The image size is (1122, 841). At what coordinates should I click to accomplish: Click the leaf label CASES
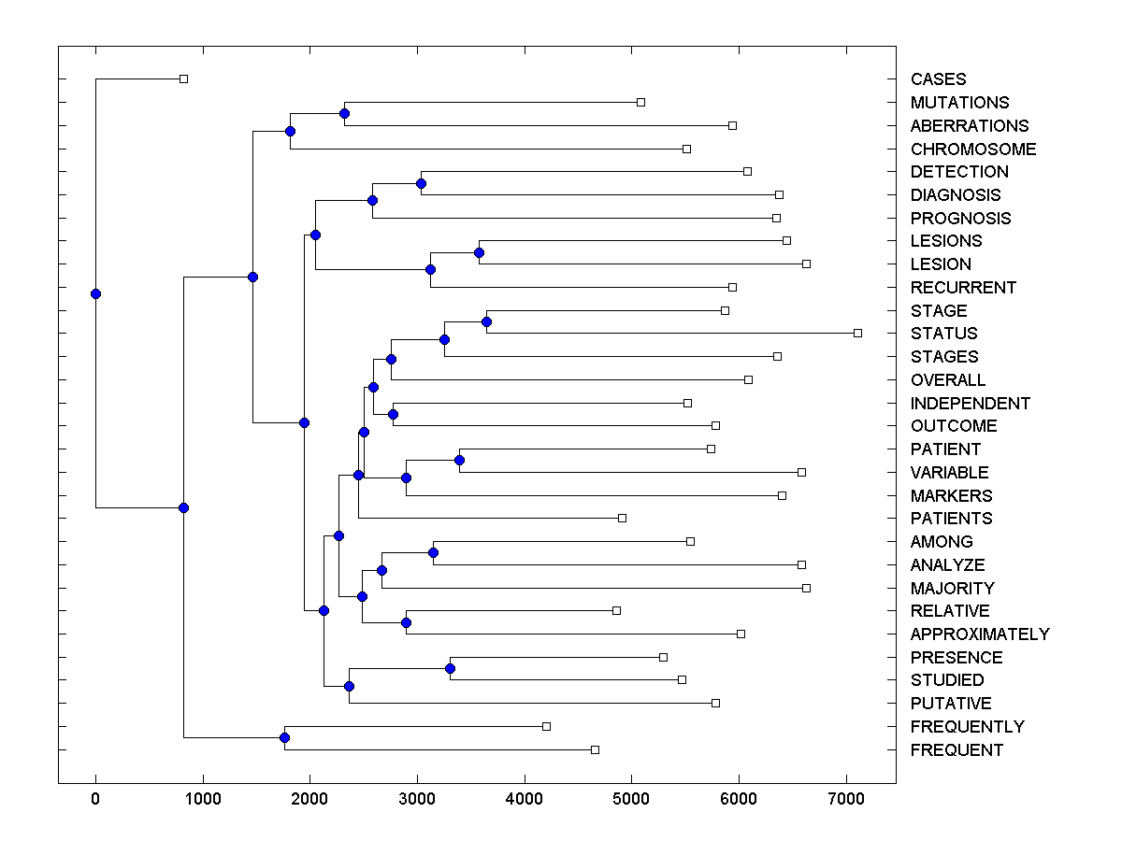pos(938,79)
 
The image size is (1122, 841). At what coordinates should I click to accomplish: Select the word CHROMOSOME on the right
pos(972,150)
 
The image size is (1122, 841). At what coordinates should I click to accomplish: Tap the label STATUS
pos(943,334)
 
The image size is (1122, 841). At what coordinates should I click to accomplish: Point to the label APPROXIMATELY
pos(979,634)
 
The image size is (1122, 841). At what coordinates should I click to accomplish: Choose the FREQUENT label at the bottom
pos(957,750)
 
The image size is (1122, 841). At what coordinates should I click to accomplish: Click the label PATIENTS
pos(951,519)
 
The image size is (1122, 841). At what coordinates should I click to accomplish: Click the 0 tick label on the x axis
pos(95,800)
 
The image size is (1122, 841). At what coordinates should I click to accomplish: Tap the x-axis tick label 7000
pos(846,800)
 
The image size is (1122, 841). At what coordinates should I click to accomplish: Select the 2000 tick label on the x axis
pos(309,800)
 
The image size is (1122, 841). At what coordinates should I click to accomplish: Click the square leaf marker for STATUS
pos(857,333)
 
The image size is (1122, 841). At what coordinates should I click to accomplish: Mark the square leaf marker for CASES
pos(183,78)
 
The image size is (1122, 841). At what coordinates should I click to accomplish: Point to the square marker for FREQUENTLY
pos(547,726)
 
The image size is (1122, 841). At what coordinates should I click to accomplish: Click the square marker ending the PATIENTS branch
pos(622,518)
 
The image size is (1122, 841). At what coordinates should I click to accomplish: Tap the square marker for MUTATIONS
pos(640,101)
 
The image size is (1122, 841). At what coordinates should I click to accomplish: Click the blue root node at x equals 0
pos(95,293)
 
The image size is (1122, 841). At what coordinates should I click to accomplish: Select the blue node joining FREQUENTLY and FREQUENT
pos(284,738)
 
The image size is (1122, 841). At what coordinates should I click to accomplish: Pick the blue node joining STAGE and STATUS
pos(486,321)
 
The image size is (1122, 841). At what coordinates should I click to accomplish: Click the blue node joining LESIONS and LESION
pos(479,252)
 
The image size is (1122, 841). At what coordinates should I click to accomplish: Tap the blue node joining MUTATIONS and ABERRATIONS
pos(344,113)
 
